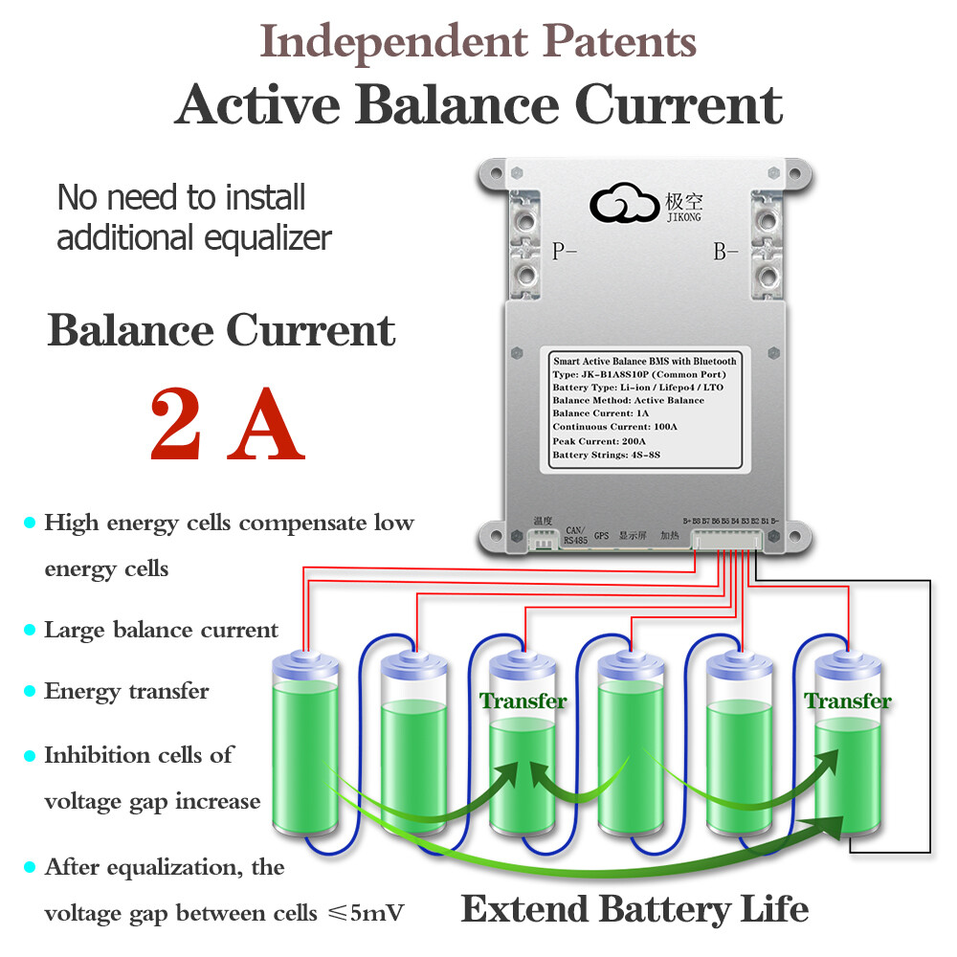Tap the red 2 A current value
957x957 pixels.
[227, 423]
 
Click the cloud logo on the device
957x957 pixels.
[623, 203]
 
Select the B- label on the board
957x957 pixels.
[726, 252]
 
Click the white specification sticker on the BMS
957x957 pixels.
[645, 407]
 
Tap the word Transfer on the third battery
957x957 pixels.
[523, 701]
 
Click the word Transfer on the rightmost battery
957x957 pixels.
[848, 701]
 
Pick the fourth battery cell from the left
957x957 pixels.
[630, 742]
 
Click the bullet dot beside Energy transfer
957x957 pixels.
[30, 691]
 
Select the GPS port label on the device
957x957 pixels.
[601, 536]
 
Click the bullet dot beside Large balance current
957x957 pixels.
[30, 630]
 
